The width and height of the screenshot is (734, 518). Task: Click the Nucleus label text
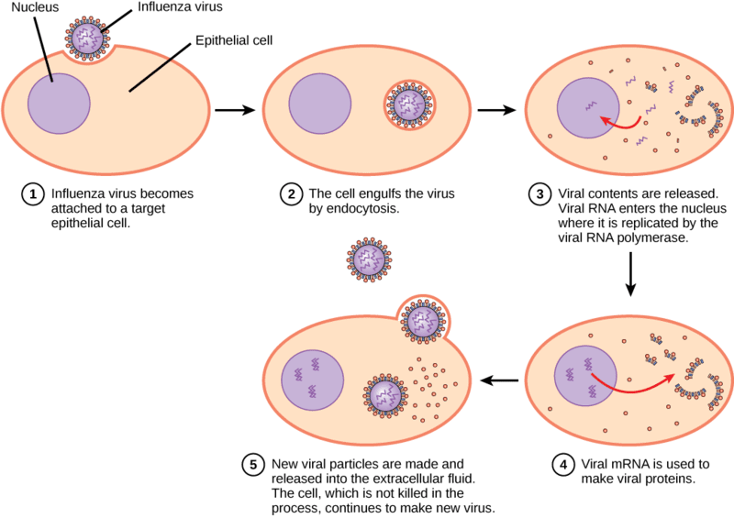pos(35,7)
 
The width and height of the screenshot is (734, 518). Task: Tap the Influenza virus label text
pos(180,7)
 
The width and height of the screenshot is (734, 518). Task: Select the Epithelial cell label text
pos(234,40)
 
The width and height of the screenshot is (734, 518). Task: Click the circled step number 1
pos(33,194)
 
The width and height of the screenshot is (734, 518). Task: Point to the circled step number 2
pos(291,194)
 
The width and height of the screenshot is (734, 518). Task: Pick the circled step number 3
pos(539,194)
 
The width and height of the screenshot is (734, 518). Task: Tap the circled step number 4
pos(563,465)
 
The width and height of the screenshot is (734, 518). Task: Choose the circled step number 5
pos(253,465)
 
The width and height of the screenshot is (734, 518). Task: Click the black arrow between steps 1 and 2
pos(235,110)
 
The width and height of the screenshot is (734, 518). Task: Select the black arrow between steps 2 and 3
pos(496,110)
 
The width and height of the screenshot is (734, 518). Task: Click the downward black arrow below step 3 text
pos(630,274)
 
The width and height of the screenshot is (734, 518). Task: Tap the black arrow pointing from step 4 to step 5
pos(499,380)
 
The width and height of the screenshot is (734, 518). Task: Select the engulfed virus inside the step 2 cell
pos(409,105)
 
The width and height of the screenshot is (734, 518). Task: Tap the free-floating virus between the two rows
pos(370,259)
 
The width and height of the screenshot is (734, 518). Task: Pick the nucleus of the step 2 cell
pos(319,104)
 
